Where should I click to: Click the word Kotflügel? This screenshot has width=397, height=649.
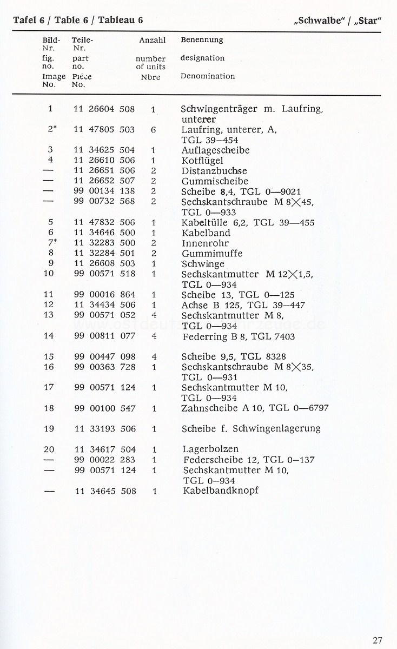click(202, 161)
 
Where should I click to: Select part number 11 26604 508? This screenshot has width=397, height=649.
click(104, 109)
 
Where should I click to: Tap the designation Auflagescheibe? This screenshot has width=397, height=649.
click(215, 150)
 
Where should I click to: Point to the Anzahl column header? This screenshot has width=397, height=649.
click(152, 40)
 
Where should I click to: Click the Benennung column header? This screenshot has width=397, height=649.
click(202, 40)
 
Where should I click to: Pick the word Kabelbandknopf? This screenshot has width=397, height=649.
click(220, 491)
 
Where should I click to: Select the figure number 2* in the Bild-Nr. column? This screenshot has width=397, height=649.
click(52, 130)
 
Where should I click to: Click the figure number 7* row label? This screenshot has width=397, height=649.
click(52, 243)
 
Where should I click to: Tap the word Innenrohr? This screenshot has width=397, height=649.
click(205, 243)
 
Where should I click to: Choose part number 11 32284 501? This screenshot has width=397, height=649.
click(104, 254)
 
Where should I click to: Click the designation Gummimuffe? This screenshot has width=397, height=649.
click(211, 254)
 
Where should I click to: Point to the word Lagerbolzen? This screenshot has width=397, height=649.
click(210, 449)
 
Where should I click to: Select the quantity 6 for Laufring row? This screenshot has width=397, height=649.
click(154, 130)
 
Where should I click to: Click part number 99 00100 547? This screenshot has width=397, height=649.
click(104, 408)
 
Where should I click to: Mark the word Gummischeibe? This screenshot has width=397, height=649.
click(215, 181)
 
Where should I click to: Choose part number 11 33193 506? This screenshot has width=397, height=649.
click(104, 429)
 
